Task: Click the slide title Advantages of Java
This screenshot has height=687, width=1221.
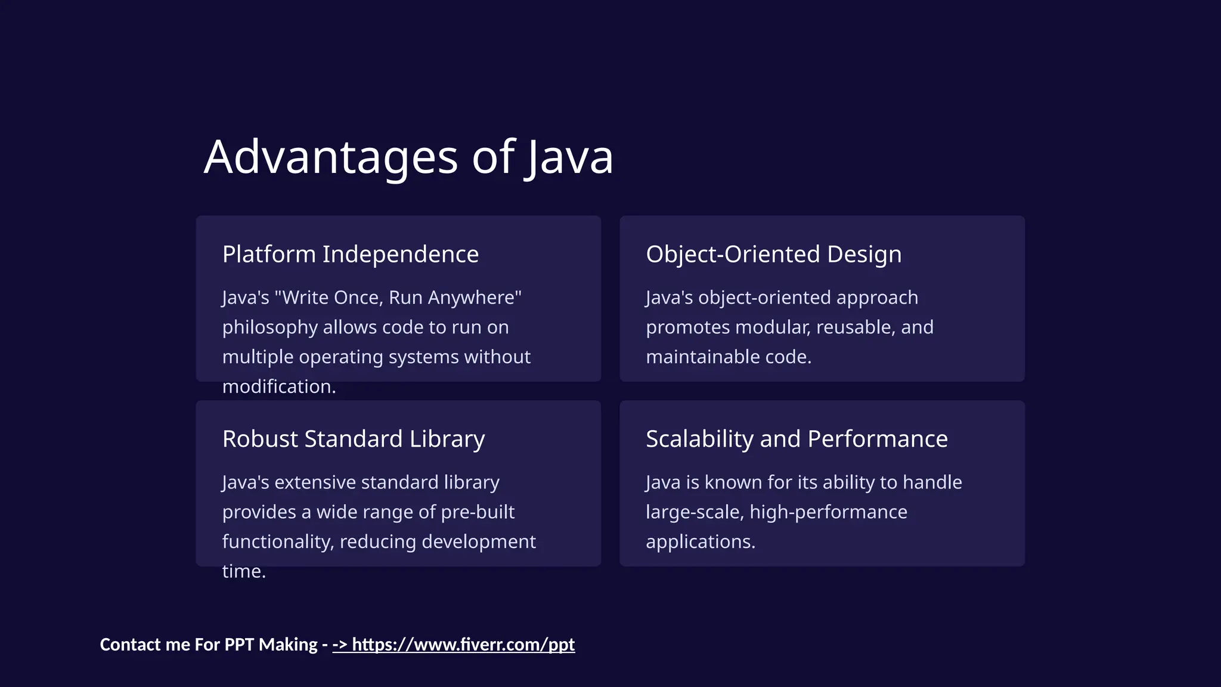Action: (408, 157)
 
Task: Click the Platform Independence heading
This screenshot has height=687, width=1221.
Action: (351, 255)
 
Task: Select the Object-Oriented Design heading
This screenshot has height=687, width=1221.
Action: (773, 255)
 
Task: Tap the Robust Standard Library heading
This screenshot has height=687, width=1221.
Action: (354, 440)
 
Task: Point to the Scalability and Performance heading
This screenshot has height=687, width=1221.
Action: (797, 440)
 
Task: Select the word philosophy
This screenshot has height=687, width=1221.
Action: (269, 327)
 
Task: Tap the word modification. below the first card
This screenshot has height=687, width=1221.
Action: (279, 386)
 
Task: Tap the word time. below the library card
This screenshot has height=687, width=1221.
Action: (244, 571)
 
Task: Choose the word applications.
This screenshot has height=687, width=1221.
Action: (701, 541)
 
